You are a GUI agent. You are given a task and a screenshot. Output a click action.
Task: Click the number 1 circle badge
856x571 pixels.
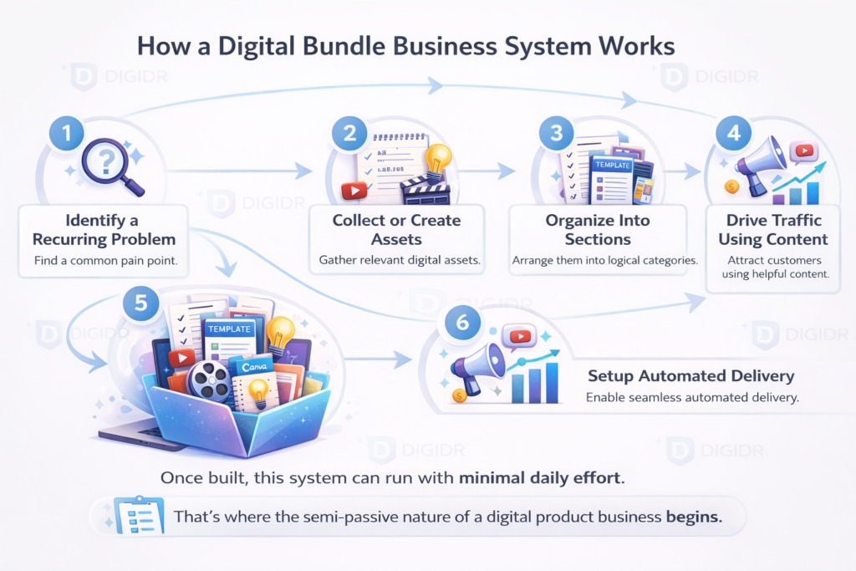point(66,132)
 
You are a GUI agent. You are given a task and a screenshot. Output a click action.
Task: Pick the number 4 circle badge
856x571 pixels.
point(733,132)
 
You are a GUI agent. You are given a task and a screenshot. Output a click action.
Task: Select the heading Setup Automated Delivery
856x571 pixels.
point(690,376)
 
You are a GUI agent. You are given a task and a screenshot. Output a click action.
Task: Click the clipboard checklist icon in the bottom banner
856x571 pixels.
point(131,516)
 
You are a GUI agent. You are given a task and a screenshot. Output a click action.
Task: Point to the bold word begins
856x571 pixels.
point(693,517)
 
